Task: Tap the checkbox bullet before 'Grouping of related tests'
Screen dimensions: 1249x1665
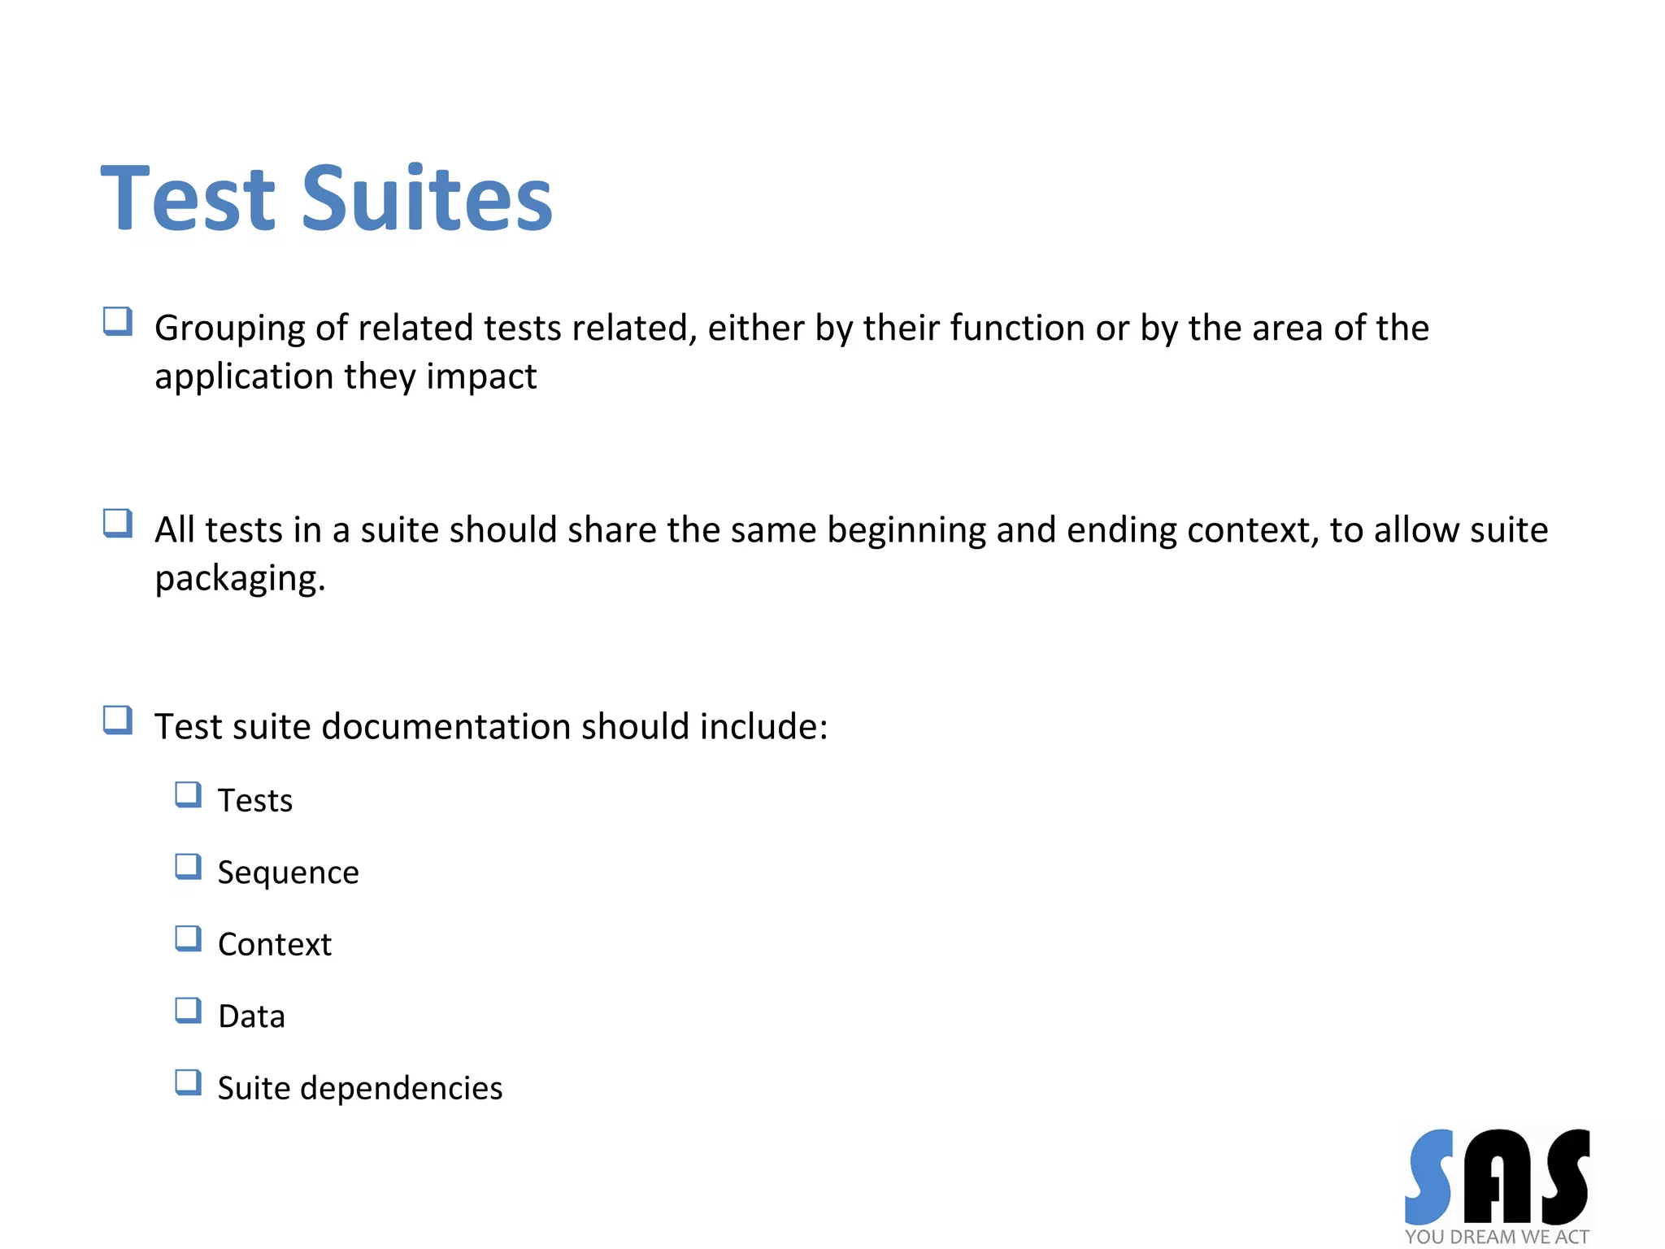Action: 118,322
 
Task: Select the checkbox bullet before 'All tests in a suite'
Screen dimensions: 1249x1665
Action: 118,524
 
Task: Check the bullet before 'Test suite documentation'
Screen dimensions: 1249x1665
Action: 118,720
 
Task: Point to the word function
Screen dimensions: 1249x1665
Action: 1016,328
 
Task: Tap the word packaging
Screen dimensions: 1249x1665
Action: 239,580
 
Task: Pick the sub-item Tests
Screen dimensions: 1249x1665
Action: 254,801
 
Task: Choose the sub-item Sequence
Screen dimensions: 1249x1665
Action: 288,873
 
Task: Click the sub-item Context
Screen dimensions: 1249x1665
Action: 275,945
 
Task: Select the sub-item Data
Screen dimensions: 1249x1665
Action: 251,1016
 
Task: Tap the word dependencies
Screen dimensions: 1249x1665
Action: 402,1088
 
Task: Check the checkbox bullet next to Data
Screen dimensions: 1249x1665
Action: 189,1011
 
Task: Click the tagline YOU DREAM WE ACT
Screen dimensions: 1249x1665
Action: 1496,1237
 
